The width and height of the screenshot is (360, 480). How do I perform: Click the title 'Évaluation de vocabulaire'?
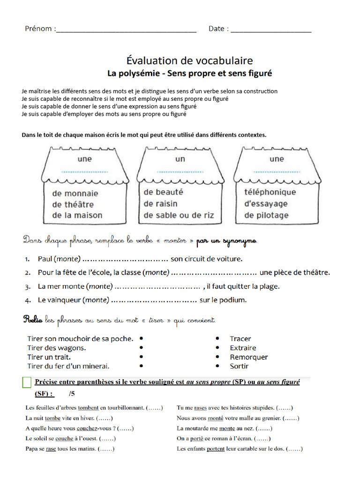point(189,60)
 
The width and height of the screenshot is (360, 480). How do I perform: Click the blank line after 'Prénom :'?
point(126,31)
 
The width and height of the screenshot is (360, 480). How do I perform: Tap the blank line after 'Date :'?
point(271,31)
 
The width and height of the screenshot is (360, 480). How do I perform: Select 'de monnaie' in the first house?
point(75,193)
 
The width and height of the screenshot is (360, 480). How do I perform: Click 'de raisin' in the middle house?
point(160,204)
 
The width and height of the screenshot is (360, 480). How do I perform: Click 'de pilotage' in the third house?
point(266,216)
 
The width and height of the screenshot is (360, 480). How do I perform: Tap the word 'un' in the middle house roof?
point(180,159)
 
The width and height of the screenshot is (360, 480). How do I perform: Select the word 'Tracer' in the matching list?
point(240,338)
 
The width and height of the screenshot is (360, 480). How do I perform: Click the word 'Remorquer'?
point(249,357)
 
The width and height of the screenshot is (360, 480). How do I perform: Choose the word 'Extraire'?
point(243,348)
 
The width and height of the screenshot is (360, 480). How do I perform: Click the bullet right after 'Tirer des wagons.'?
point(141,348)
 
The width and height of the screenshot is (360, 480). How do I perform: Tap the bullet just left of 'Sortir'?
point(217,366)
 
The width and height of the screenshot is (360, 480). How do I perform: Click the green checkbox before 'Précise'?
point(27,382)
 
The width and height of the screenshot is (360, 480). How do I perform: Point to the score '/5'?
point(71,394)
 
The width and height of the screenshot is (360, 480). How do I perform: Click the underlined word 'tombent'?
point(88,408)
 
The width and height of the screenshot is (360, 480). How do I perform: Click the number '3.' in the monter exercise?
point(28,286)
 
